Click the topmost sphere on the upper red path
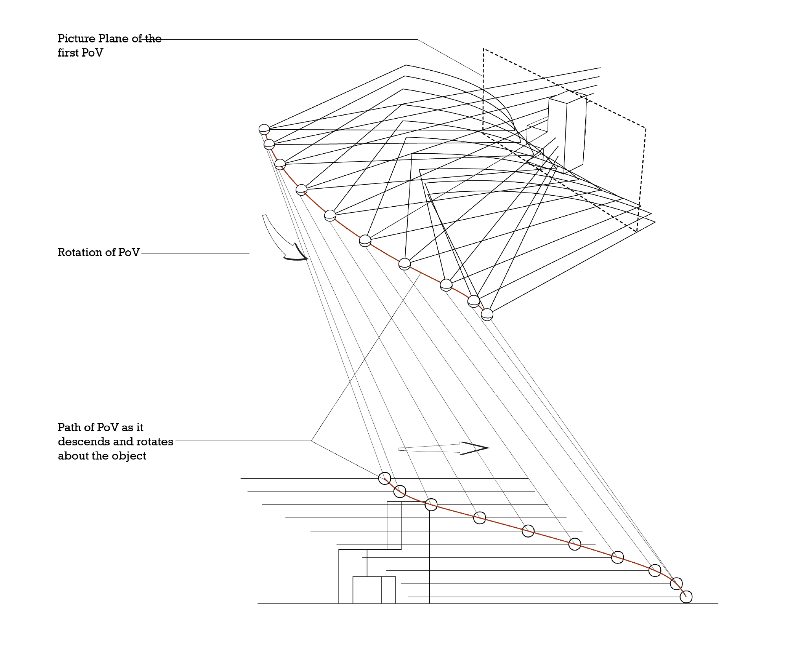264,129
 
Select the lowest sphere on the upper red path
487,314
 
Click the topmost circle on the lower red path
384,478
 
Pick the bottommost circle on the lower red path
686,596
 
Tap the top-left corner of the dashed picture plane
483,49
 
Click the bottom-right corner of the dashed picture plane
636,231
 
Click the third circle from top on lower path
431,505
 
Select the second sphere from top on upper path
269,144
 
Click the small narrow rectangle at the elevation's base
388,589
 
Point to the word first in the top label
67,53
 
